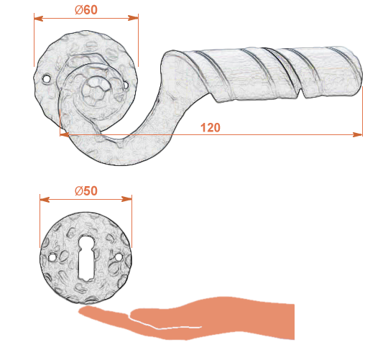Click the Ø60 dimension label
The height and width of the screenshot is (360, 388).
pos(86,10)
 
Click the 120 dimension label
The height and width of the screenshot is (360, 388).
pos(211,128)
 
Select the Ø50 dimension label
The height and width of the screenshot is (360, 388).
pos(86,190)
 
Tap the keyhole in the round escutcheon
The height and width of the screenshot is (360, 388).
pos(86,258)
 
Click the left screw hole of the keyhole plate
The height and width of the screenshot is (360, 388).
pos(52,258)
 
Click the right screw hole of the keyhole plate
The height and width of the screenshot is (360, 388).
pos(119,257)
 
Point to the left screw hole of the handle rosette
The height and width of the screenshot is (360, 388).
pos(46,78)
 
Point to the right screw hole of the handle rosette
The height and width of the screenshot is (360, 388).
pos(126,85)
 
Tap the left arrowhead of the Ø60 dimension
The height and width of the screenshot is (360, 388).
pos(38,18)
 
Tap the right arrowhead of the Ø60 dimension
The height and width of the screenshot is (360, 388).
pos(134,18)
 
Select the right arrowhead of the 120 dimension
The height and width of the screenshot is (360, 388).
pos(358,134)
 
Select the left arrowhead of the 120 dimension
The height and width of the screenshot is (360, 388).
pos(65,134)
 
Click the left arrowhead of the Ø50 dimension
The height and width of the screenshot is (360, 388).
pos(45,200)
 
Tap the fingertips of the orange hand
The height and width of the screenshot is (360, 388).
pos(83,310)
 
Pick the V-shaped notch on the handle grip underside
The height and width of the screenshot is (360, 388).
pos(300,93)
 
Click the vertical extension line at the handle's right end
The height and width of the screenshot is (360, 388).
pos(362,111)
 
